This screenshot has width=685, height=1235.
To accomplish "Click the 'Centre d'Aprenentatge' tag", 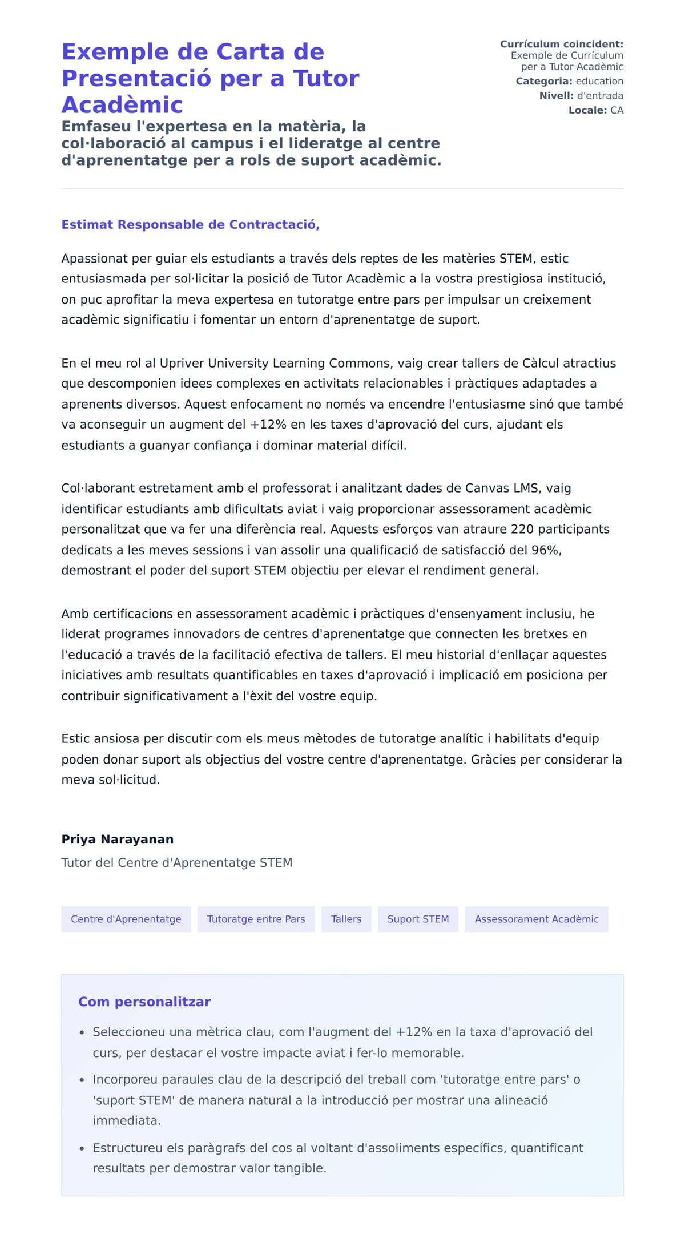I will tap(126, 919).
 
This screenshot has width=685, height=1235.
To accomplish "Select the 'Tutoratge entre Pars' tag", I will tap(256, 919).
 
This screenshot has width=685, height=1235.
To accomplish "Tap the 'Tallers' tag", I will tap(346, 919).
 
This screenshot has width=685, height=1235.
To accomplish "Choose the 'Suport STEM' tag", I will tap(418, 919).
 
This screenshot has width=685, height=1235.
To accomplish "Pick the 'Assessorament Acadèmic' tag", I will tap(536, 919).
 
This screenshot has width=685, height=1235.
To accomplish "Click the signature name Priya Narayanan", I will tap(117, 839).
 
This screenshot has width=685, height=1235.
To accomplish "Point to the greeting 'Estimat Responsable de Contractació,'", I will tap(190, 224).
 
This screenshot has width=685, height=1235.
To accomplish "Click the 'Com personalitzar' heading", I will tap(144, 1002).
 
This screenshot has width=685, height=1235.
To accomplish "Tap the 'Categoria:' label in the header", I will tap(543, 81).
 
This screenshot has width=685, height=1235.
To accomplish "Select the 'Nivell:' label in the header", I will tap(556, 95).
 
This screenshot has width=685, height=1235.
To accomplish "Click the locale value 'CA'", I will tap(616, 110).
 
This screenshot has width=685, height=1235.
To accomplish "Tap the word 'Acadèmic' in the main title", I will tap(122, 104).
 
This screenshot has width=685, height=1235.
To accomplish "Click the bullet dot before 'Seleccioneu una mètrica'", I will tap(82, 1032).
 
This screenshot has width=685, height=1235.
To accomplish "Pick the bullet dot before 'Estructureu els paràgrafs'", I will tap(82, 1148).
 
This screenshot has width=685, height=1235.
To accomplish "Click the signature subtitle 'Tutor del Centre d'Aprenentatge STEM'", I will tap(176, 862).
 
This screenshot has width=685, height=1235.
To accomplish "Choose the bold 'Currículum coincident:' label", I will tap(561, 44).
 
